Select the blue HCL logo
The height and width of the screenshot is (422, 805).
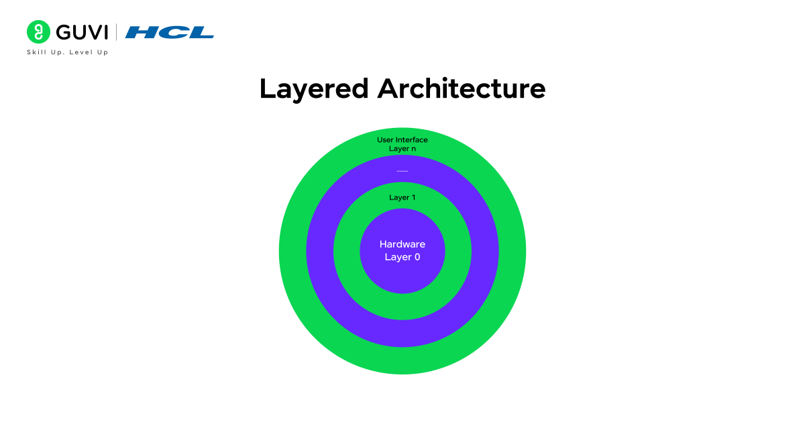click(170, 32)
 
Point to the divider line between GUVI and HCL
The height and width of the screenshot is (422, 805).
click(117, 32)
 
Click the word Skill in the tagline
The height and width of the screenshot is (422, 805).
click(36, 52)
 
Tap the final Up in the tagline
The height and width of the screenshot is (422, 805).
click(103, 52)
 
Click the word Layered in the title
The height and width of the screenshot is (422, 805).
click(314, 88)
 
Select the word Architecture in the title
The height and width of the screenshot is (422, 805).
click(462, 88)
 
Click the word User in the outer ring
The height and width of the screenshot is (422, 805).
click(385, 140)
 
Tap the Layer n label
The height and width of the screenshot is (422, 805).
click(402, 149)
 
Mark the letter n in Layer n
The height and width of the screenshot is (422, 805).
click(413, 149)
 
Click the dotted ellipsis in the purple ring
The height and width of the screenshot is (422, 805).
click(402, 171)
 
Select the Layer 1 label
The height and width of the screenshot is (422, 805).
click(402, 198)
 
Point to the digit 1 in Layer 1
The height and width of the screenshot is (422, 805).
click(413, 198)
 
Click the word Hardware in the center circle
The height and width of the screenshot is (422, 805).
click(402, 244)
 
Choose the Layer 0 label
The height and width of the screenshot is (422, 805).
click(402, 257)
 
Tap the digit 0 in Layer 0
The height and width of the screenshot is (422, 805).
click(417, 257)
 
